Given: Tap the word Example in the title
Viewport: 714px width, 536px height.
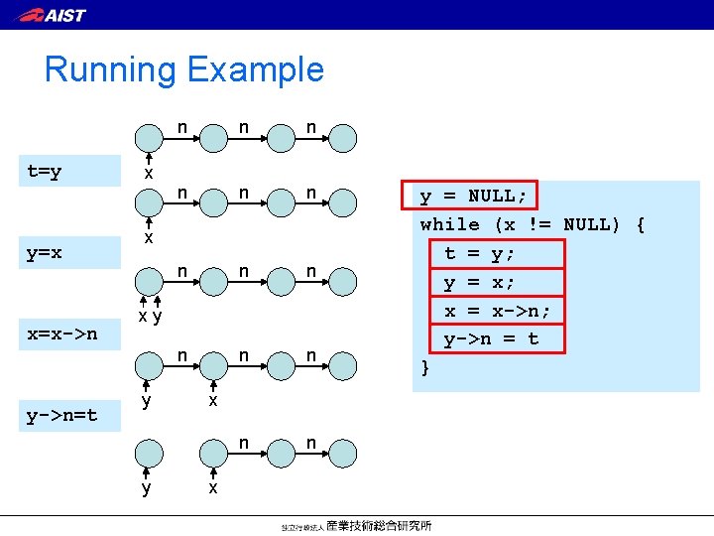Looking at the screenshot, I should point(255,69).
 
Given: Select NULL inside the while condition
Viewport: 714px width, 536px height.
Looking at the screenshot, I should point(587,224).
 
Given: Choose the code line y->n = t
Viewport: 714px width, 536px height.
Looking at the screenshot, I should point(492,339).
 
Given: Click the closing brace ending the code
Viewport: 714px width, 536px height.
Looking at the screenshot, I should point(425,368).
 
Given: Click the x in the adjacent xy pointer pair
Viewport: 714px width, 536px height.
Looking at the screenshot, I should point(143,317).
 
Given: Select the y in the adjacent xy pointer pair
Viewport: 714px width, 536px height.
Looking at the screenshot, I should point(157,317).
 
